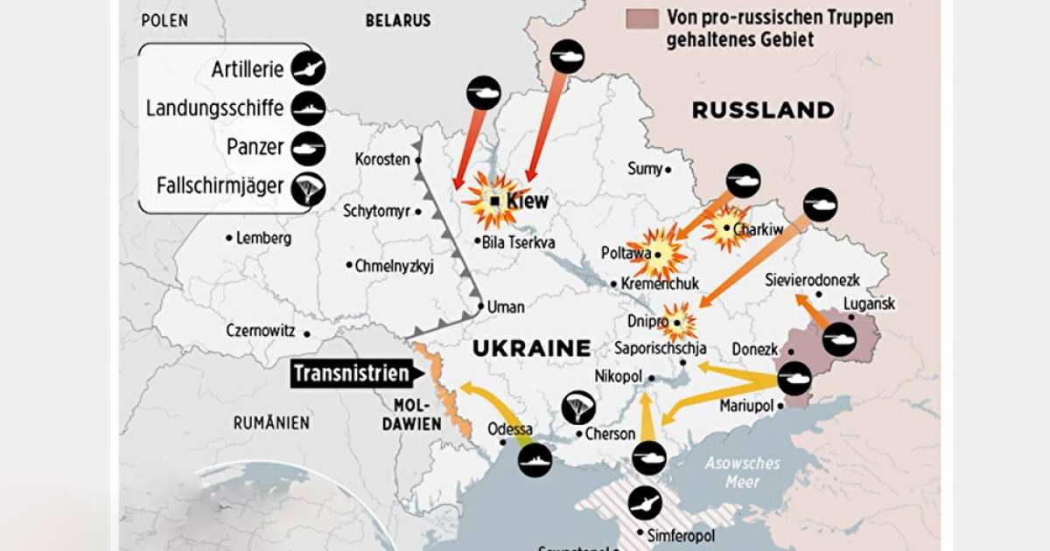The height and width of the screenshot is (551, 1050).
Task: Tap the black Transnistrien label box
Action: click(x=352, y=374)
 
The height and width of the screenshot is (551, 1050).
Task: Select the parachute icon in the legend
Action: click(x=308, y=188)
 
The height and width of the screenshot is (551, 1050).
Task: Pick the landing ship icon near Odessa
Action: click(x=535, y=459)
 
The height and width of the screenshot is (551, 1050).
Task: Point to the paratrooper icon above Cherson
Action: click(x=578, y=407)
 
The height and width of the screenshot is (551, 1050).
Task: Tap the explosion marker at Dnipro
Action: click(x=679, y=321)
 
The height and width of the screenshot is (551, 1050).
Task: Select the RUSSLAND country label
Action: click(x=763, y=110)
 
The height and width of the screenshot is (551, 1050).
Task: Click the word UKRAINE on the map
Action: click(x=531, y=348)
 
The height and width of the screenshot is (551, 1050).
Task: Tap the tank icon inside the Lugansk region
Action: click(x=838, y=338)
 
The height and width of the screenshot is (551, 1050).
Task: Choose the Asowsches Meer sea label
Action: click(x=742, y=473)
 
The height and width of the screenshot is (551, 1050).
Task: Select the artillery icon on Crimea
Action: click(x=647, y=502)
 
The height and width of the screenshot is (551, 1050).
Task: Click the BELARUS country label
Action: click(x=398, y=20)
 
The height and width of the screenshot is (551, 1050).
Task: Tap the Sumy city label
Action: click(x=645, y=169)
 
